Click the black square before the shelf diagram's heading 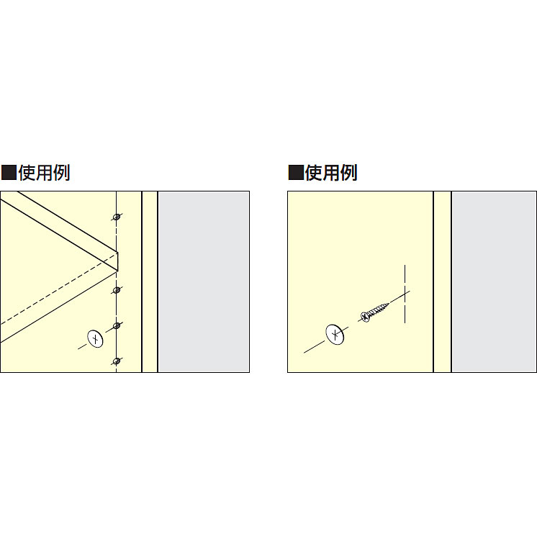pyautogui.click(x=9, y=173)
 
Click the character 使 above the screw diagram pyautogui.click(x=313, y=173)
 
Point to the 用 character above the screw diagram pyautogui.click(x=330, y=173)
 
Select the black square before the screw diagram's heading pyautogui.click(x=295, y=173)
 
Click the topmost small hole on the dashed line pyautogui.click(x=117, y=216)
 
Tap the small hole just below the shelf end pyautogui.click(x=117, y=290)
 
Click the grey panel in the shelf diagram pyautogui.click(x=203, y=281)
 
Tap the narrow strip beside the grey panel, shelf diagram pyautogui.click(x=150, y=281)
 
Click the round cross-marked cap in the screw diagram pyautogui.click(x=335, y=335)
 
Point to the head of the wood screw pyautogui.click(x=365, y=317)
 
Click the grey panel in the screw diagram pyautogui.click(x=493, y=281)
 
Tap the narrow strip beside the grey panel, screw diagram pyautogui.click(x=442, y=281)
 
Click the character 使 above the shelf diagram pyautogui.click(x=27, y=173)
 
